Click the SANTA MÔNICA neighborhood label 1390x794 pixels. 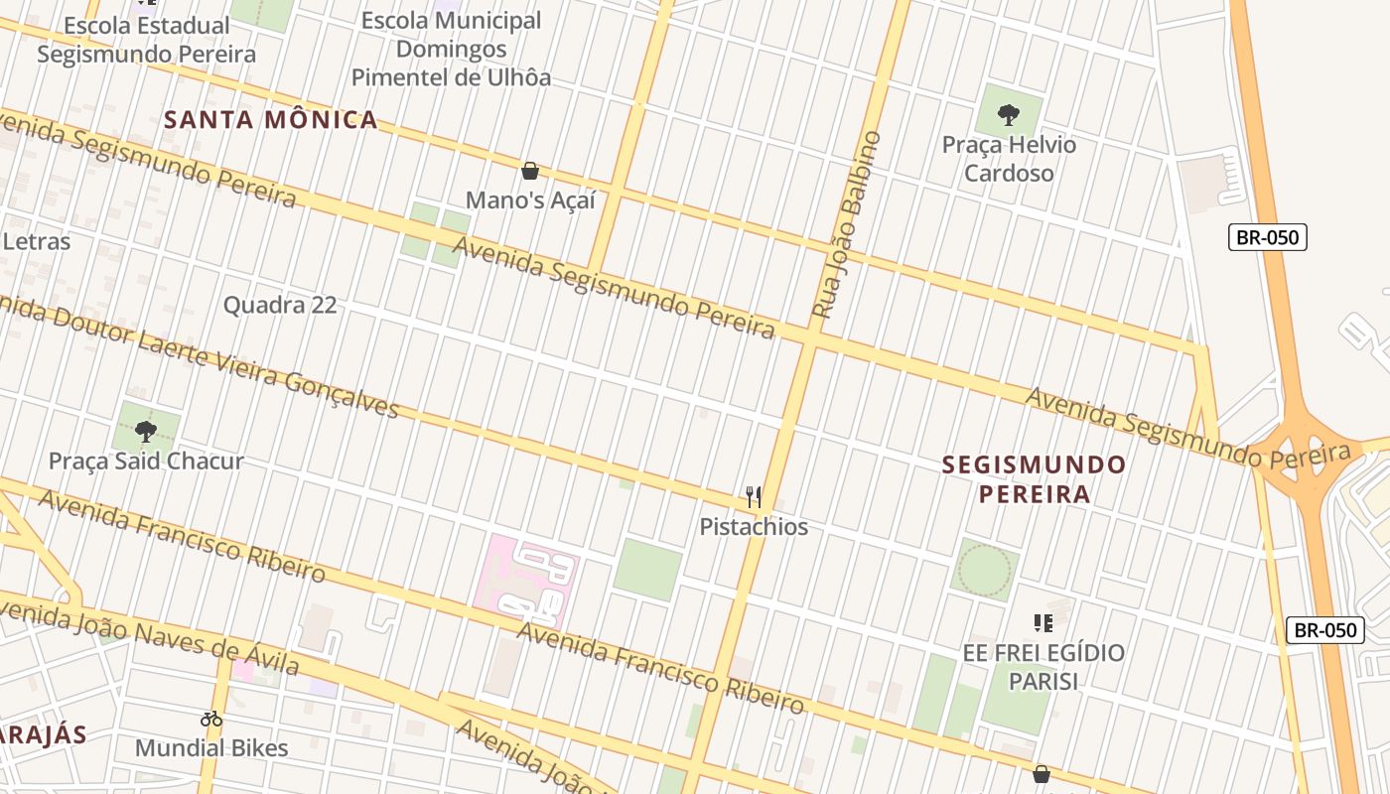click(x=270, y=120)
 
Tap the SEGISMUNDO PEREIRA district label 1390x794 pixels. click(x=1034, y=478)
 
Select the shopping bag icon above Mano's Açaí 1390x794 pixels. click(x=530, y=171)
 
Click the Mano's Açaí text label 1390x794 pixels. click(x=530, y=200)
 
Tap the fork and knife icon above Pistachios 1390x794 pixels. click(x=754, y=496)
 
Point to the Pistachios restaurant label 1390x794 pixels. click(x=754, y=527)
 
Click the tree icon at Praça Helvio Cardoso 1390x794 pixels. click(x=1009, y=114)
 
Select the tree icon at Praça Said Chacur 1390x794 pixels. click(x=146, y=431)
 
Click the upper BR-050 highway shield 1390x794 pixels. click(x=1268, y=237)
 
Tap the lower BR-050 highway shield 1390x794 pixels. click(x=1325, y=630)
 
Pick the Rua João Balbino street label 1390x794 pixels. click(x=847, y=224)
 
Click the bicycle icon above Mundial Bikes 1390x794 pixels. click(x=211, y=719)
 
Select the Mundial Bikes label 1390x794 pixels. click(x=211, y=747)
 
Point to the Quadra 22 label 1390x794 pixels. click(x=280, y=305)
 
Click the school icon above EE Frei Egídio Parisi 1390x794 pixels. click(x=1042, y=623)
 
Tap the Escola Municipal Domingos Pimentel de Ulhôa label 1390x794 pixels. click(x=452, y=49)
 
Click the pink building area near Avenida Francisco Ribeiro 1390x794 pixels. click(x=530, y=580)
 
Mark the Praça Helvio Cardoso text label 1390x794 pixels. click(x=1009, y=159)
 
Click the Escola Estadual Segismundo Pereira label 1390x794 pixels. click(x=146, y=40)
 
